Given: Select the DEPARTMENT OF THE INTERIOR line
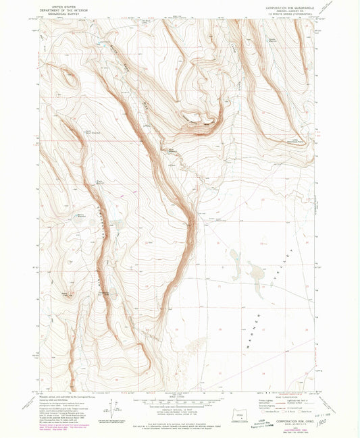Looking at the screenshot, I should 59,9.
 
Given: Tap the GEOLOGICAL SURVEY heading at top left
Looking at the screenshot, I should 59,12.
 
